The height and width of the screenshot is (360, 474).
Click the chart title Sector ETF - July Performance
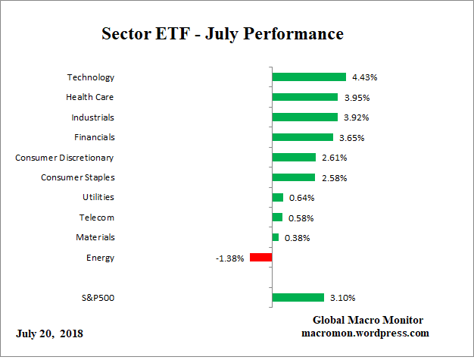[223, 34]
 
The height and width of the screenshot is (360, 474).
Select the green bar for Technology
[309, 77]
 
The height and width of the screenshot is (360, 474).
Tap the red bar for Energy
[260, 258]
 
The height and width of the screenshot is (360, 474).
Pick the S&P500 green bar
[298, 298]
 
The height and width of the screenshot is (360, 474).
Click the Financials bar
[302, 137]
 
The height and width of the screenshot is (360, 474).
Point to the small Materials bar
[276, 237]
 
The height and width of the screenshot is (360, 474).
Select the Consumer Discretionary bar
[294, 158]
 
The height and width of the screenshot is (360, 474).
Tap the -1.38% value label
[229, 258]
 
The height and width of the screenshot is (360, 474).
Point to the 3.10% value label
[341, 298]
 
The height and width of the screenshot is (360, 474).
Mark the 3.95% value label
[355, 97]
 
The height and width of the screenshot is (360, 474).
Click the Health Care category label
[90, 97]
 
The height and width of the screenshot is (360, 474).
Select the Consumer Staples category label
[77, 177]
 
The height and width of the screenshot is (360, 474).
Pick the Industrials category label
[92, 117]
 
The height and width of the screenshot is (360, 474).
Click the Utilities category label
[98, 197]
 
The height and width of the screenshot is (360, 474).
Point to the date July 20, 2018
[50, 333]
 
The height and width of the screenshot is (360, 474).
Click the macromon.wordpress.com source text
[366, 333]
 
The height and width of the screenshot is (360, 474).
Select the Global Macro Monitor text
[368, 320]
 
